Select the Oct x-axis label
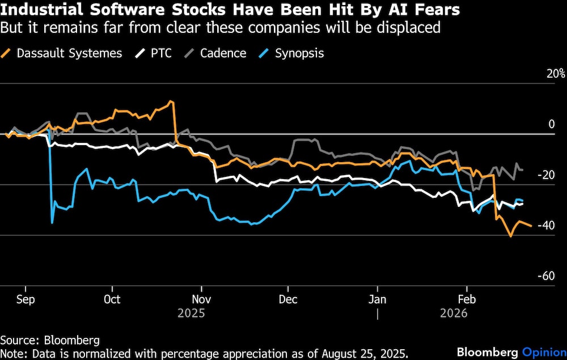coord(112,299)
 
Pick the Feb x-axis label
coord(466,299)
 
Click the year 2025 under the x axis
coord(191,313)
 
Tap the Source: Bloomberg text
coord(50,340)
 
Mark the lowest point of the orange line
coord(511,236)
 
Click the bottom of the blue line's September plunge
coord(52,223)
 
